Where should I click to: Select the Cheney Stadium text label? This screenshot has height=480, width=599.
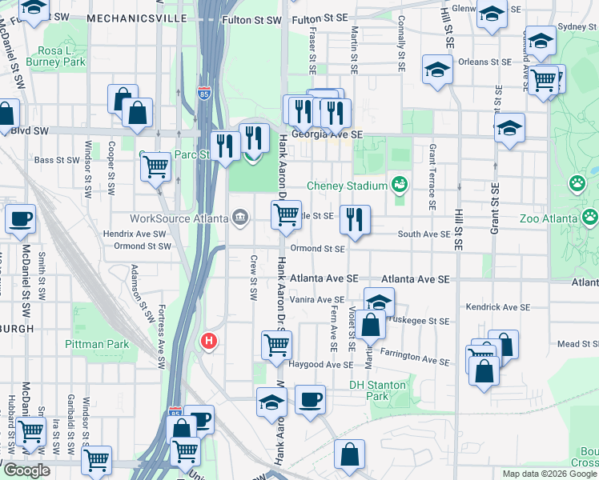[x=348, y=185]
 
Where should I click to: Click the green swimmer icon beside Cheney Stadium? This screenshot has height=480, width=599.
[x=399, y=186]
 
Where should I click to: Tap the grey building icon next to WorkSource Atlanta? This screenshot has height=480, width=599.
[x=239, y=218]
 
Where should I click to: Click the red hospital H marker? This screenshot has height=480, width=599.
[x=209, y=342]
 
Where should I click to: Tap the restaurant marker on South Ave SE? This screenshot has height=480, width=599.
[x=355, y=219]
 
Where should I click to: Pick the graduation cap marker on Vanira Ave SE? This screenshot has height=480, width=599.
[x=380, y=302]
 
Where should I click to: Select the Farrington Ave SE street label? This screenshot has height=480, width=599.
[x=414, y=357]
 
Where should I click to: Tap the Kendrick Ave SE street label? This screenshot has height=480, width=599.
[x=497, y=306]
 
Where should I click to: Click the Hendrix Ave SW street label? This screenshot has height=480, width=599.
[x=134, y=234]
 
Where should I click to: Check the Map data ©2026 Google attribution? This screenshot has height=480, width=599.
[x=548, y=474]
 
